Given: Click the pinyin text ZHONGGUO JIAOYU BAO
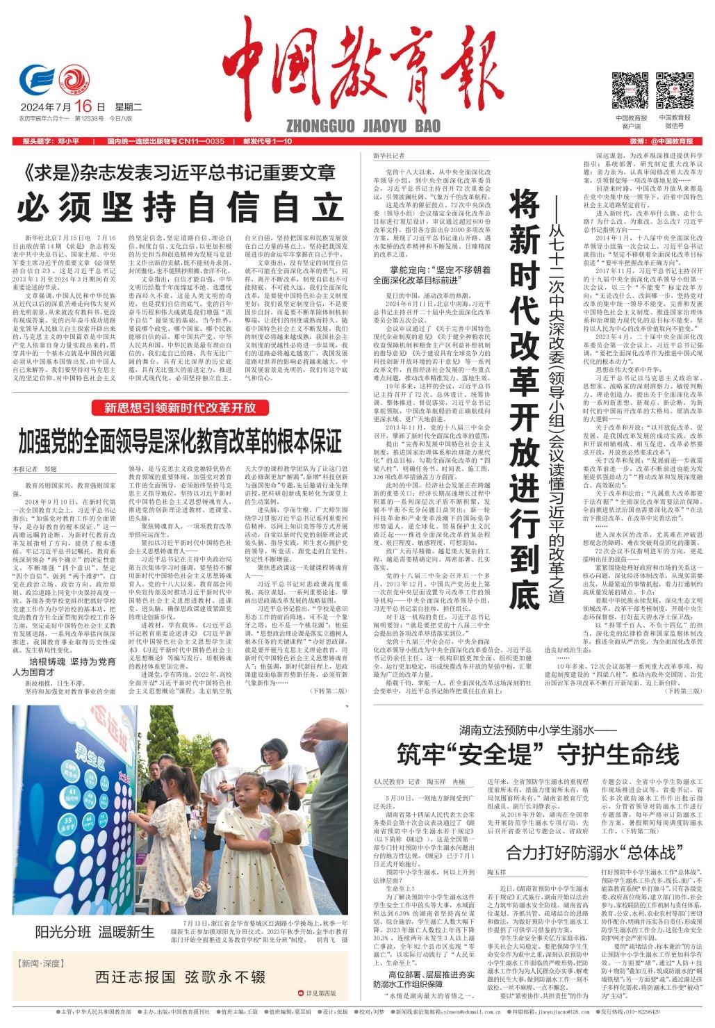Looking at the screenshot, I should (x=362, y=127).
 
